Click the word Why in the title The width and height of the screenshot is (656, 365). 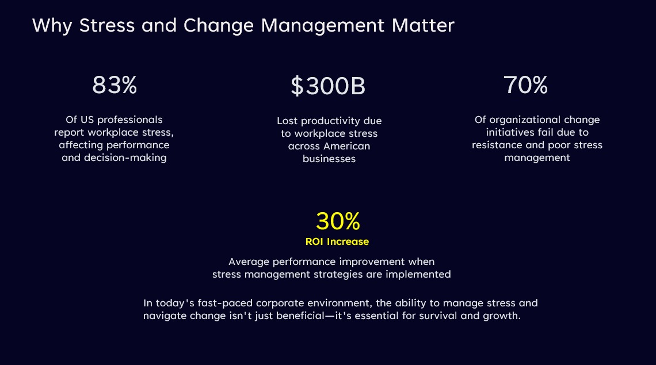52,26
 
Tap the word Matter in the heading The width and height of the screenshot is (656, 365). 423,25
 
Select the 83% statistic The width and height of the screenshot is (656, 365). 115,85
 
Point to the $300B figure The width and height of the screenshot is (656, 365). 328,86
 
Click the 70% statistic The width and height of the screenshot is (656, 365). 525,85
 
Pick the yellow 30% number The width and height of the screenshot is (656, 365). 338,221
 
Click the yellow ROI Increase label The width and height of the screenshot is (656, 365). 337,241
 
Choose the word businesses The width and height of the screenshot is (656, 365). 329,159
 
